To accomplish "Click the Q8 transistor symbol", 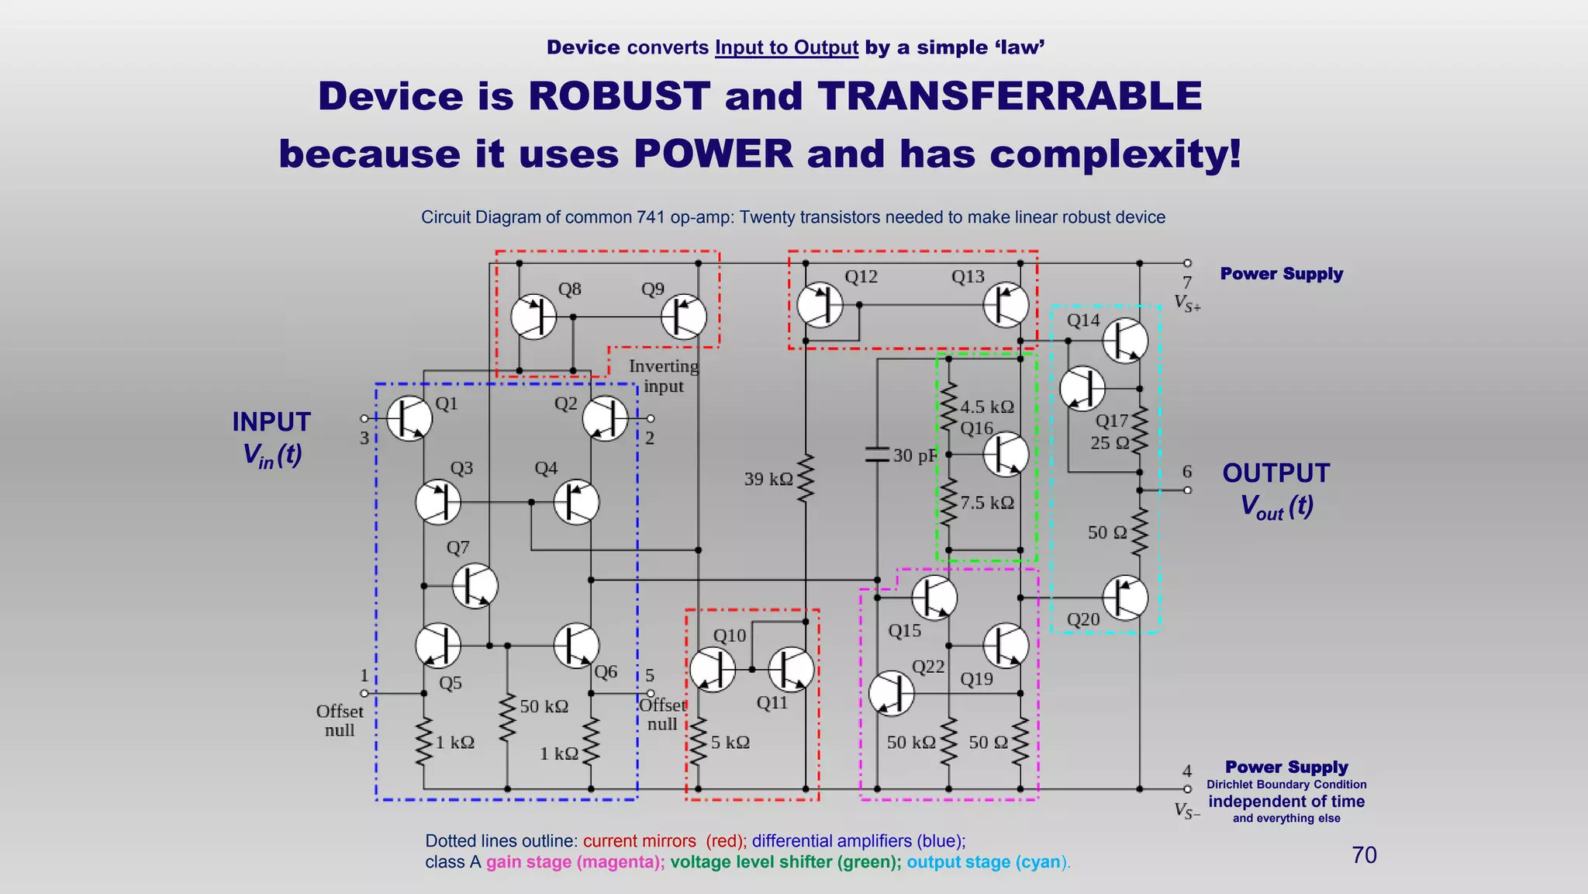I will [533, 317].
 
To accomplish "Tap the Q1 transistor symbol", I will [409, 418].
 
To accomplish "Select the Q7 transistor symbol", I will [475, 585].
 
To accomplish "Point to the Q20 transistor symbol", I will [1124, 598].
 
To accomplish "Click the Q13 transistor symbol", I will [1006, 304].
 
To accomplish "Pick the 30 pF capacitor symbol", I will [877, 455].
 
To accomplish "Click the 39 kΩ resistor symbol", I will [806, 479].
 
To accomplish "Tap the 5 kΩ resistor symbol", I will [699, 742].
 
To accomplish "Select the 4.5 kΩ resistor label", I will [987, 407].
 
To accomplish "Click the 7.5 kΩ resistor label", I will [987, 503].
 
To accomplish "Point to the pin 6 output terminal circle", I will [1187, 490].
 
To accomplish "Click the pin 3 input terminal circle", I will [364, 419].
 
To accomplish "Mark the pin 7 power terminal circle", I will [1187, 263].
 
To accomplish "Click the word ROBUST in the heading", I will [619, 96].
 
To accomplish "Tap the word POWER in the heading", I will [713, 154].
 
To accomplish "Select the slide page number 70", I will [1364, 855].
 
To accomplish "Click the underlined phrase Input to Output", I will [786, 48].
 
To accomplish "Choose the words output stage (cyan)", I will [986, 862].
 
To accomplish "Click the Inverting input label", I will [663, 376].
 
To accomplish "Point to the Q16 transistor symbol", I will [1006, 454].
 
